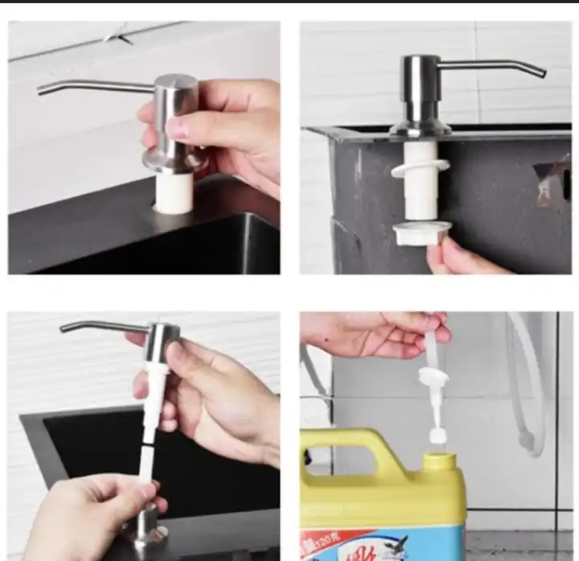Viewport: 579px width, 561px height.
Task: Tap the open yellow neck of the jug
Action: coord(439,461)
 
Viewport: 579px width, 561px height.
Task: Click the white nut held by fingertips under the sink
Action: coord(421,233)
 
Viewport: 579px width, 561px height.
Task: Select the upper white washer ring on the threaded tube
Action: coord(421,167)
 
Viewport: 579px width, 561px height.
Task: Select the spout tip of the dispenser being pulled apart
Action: coord(65,328)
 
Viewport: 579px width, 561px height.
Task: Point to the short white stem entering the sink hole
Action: coord(173,192)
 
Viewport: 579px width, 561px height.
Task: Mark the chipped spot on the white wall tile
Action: coord(120,35)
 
